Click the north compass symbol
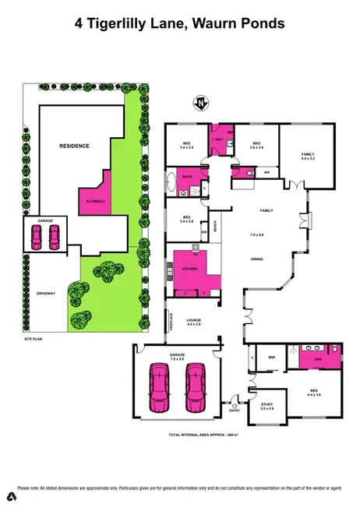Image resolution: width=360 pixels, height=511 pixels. [203, 103]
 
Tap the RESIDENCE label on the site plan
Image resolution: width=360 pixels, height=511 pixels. [76, 146]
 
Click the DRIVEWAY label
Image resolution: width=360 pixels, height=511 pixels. [45, 293]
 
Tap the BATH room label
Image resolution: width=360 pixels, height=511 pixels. [187, 177]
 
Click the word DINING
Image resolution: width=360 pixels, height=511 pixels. [257, 259]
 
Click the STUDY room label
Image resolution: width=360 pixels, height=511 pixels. [267, 403]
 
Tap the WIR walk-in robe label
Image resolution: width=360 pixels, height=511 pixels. [272, 358]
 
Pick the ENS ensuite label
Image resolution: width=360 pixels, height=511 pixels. [318, 358]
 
